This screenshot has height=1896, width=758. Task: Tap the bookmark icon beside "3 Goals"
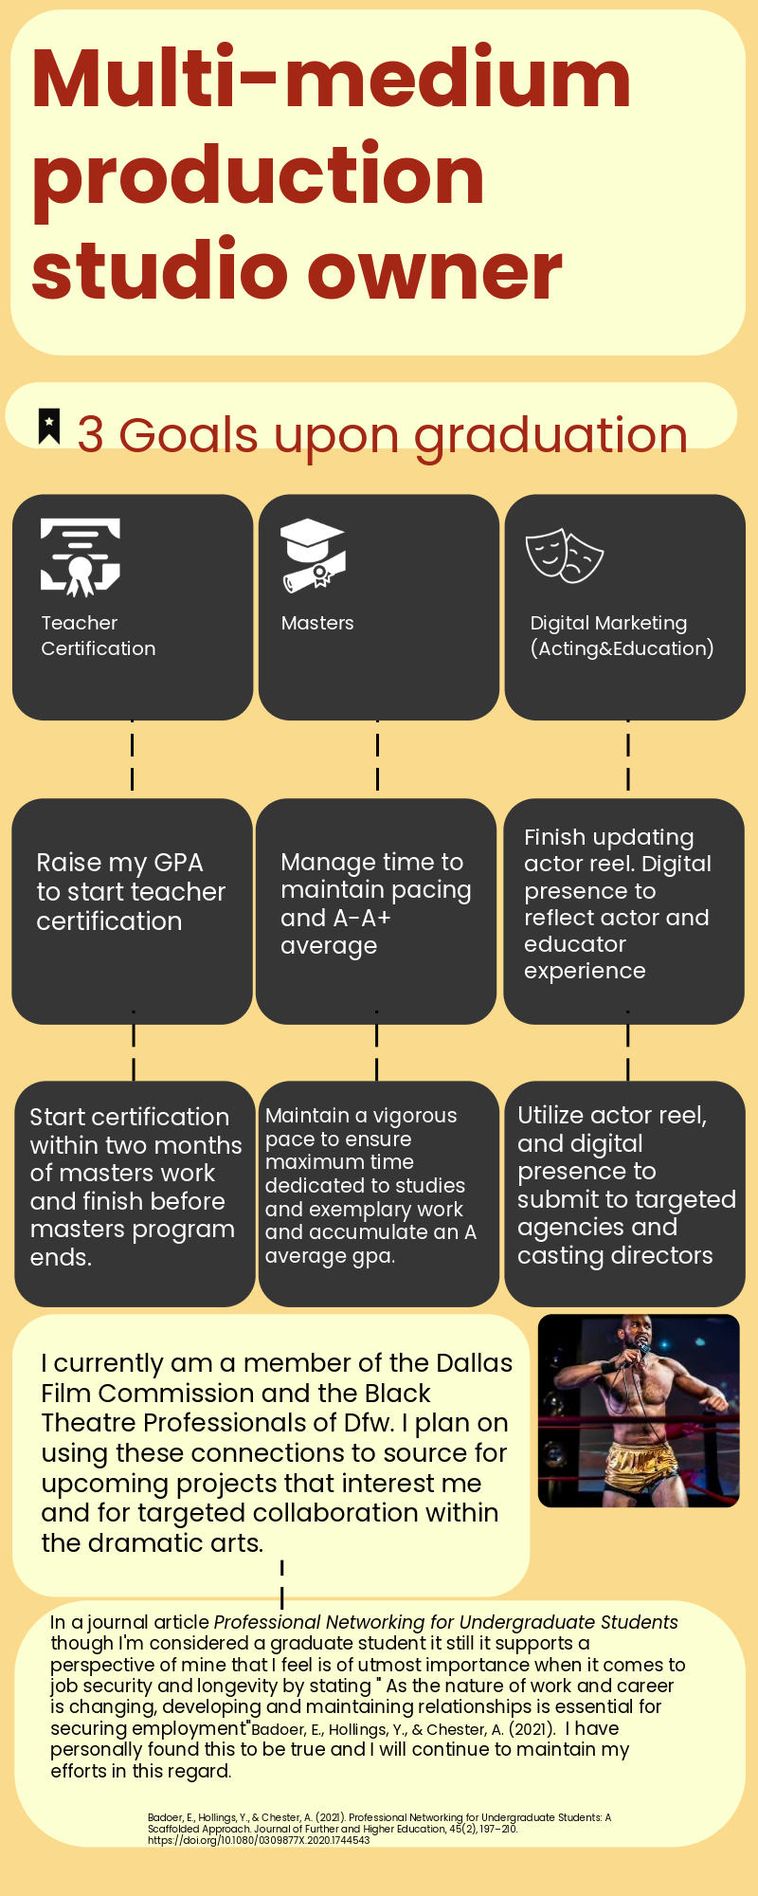[x=49, y=426]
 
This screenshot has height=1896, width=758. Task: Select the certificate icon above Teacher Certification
[x=81, y=556]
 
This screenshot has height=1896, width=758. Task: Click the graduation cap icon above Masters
[x=312, y=556]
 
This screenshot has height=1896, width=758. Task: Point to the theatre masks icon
[x=564, y=556]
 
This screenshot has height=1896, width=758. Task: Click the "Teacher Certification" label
[x=98, y=635]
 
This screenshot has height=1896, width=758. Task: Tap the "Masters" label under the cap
[x=317, y=623]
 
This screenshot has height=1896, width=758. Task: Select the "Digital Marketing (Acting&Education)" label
[x=622, y=635]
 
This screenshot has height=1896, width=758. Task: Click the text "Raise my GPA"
[x=119, y=863]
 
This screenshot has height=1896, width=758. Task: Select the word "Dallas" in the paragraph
[x=474, y=1363]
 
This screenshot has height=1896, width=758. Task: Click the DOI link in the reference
[x=259, y=1840]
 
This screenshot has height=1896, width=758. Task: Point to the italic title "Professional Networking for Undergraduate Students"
[x=445, y=1622]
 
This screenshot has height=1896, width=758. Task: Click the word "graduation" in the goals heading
[x=550, y=435]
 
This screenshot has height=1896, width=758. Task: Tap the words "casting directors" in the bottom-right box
[x=615, y=1255]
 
